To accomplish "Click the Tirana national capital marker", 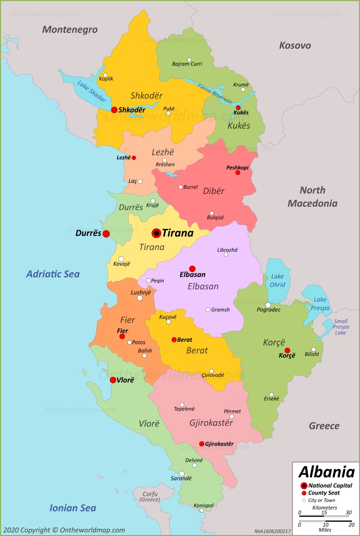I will point(156,233).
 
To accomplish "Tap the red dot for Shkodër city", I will point(114,109).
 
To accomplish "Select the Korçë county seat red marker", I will point(287,350).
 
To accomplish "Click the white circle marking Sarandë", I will point(181,473).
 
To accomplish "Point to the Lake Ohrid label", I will point(278,280).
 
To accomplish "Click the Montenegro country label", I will point(70,30).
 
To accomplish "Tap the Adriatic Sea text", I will point(53,274).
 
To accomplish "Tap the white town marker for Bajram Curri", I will point(189,59).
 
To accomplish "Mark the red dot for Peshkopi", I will point(238,173).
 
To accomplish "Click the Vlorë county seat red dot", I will point(112,380).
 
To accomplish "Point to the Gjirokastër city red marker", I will point(202,444).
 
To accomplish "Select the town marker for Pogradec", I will point(268,305).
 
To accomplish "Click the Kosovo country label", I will point(295,45).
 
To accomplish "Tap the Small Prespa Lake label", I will point(341,327).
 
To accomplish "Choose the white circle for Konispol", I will point(202,510).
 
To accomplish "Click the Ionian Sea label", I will point(72,508).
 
